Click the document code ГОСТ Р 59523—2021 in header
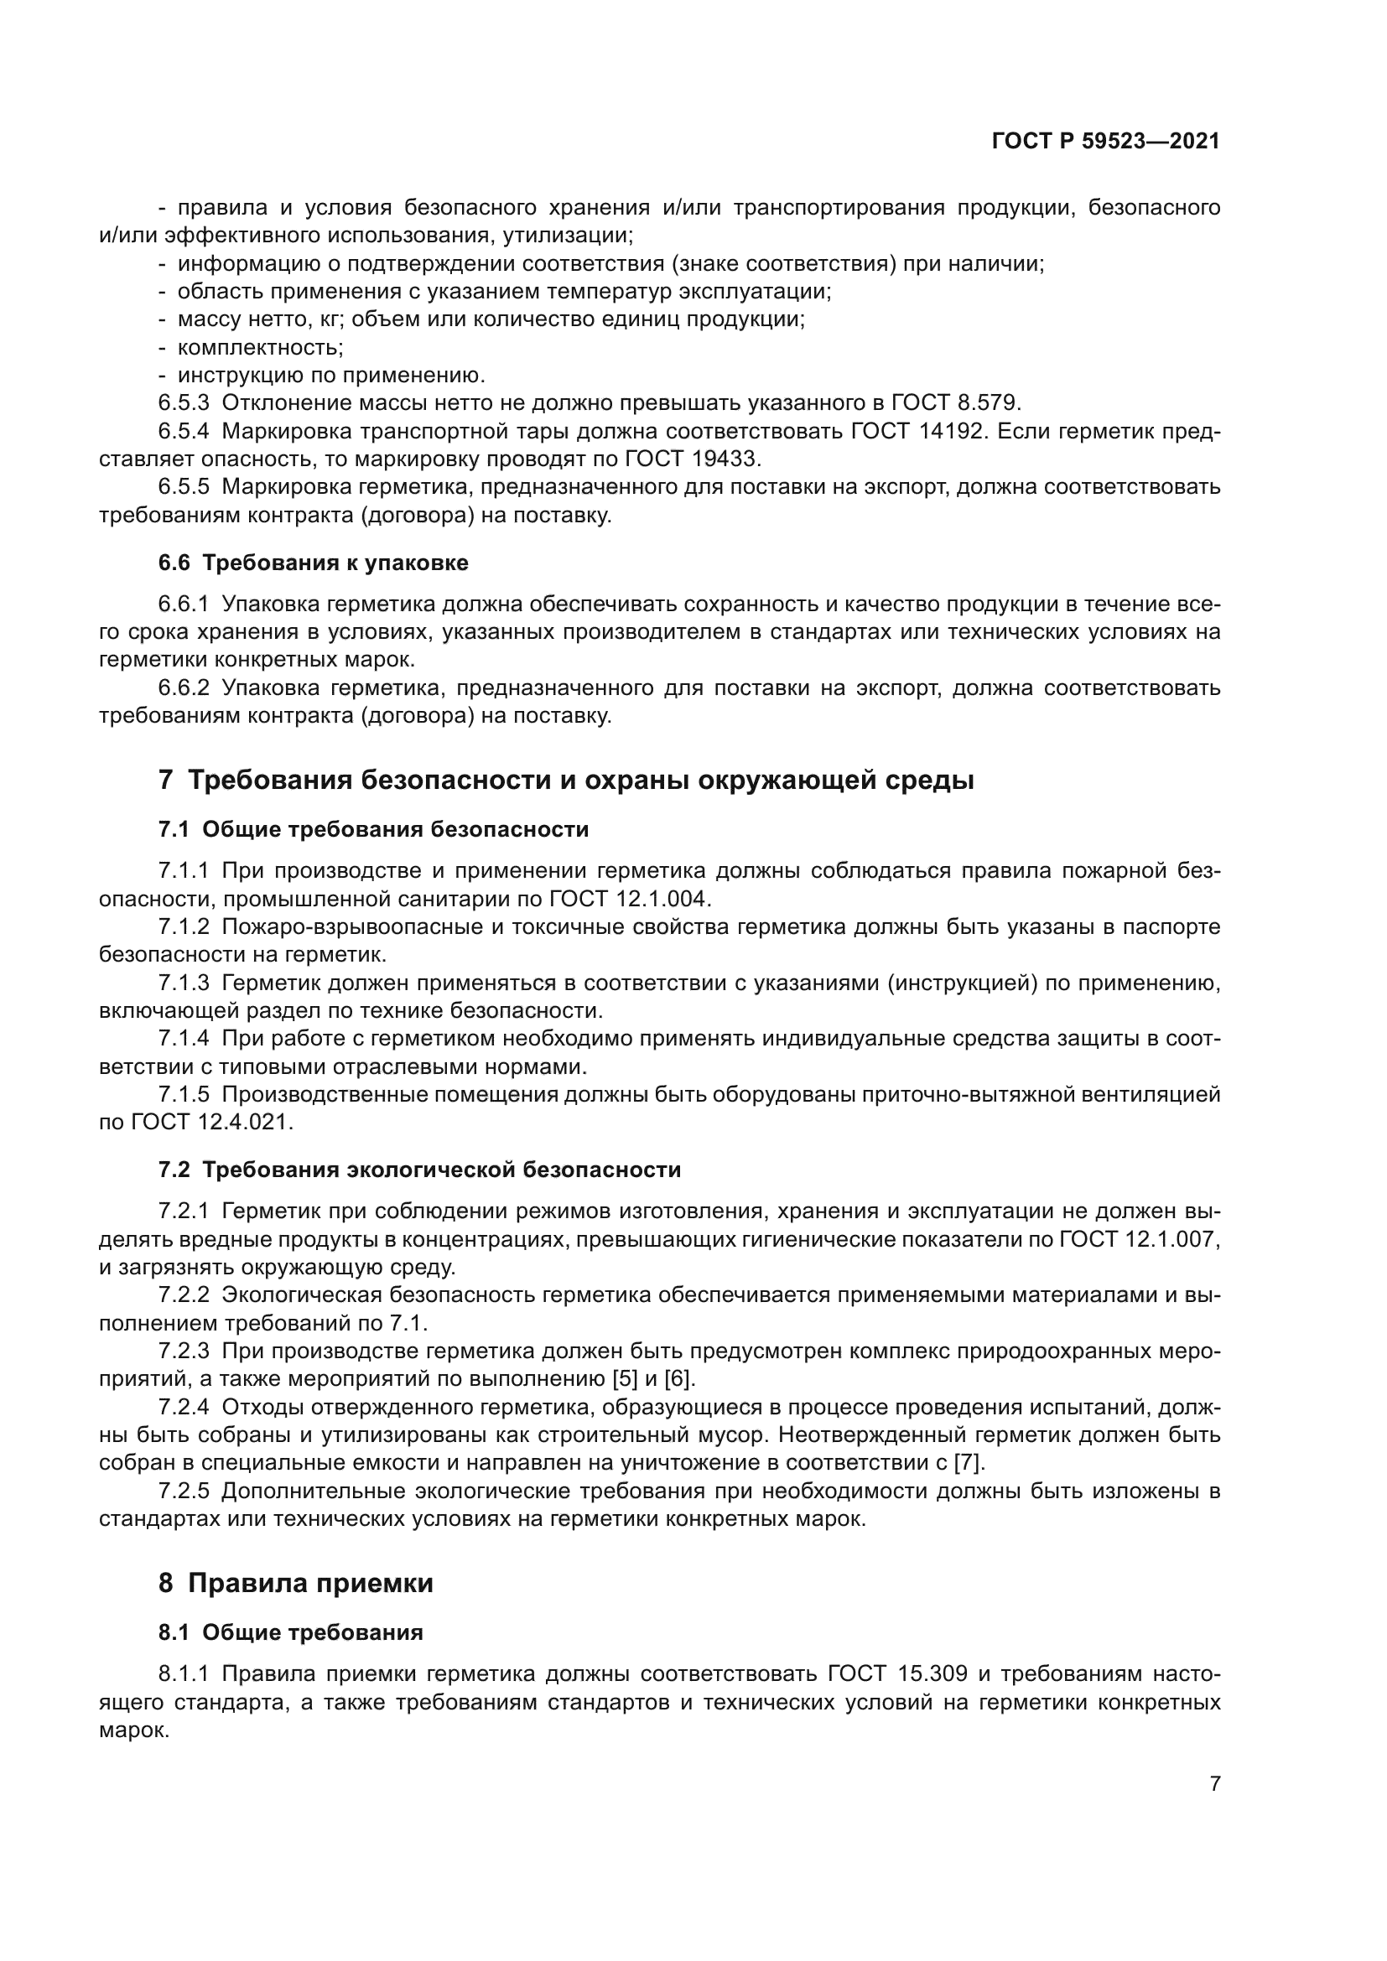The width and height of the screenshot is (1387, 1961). [x=1105, y=142]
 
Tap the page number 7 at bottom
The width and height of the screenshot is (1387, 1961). [x=1214, y=1783]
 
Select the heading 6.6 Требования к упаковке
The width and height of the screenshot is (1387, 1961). [x=314, y=563]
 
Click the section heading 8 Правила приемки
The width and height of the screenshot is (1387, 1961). [x=295, y=1583]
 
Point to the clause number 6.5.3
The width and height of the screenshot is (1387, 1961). [x=183, y=402]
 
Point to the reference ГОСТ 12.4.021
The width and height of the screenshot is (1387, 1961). [x=212, y=1123]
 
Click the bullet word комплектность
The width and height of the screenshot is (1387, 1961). [x=260, y=348]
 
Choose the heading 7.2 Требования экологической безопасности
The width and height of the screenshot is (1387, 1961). [x=419, y=1170]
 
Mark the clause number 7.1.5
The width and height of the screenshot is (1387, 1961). [x=183, y=1094]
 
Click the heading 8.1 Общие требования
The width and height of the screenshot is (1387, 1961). [x=290, y=1632]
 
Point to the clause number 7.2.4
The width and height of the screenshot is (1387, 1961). [x=183, y=1407]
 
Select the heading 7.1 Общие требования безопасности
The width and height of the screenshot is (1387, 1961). [x=373, y=829]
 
